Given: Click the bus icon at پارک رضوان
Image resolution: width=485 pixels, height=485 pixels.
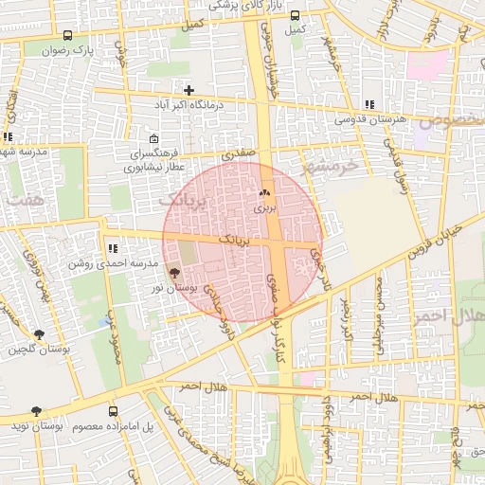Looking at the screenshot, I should [x=66, y=35].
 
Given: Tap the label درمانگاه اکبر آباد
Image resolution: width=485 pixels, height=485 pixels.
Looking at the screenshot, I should [x=189, y=105].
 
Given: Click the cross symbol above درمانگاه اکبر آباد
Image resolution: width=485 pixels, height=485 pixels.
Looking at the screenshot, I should [x=189, y=91].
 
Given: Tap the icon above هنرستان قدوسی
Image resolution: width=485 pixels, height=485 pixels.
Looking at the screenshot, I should [x=368, y=105].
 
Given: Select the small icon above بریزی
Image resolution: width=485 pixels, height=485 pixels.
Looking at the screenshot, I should [x=263, y=192].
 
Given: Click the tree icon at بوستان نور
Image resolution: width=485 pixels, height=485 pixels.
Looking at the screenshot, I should [x=172, y=273].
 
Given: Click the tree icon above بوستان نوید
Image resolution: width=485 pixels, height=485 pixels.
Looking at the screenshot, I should [x=36, y=411].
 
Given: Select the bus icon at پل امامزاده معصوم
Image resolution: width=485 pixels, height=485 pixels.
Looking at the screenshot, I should [x=114, y=411].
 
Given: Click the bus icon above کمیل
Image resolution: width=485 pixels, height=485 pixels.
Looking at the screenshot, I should [x=296, y=16].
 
